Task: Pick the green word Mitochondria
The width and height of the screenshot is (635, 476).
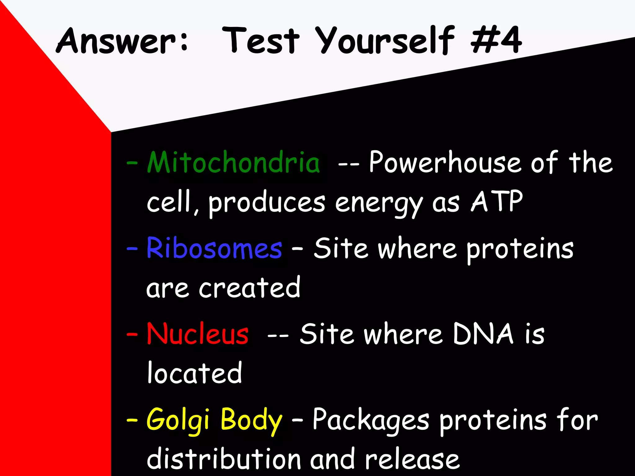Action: tap(233, 163)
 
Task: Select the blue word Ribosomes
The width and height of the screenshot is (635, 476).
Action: tap(214, 249)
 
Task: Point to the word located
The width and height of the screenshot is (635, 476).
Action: tap(194, 373)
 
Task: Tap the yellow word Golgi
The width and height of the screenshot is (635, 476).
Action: tap(178, 421)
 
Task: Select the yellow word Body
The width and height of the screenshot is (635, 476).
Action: tap(251, 421)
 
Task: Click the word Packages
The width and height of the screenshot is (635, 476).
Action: tap(371, 421)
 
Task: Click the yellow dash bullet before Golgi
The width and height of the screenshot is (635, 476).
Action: tap(132, 420)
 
